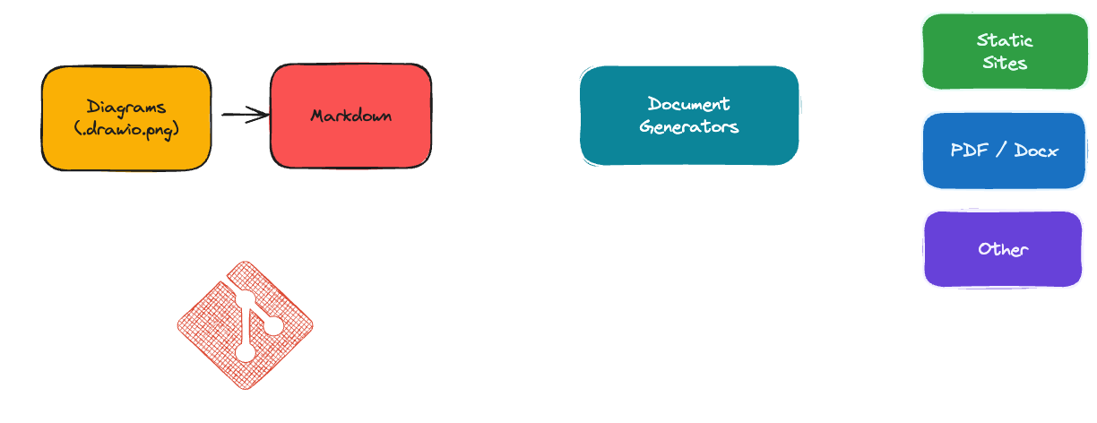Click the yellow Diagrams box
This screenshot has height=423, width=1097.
pyautogui.click(x=126, y=117)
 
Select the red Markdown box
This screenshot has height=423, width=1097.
pyautogui.click(x=350, y=116)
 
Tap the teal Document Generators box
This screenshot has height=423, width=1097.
pyautogui.click(x=688, y=116)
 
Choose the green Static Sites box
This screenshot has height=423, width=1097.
pyautogui.click(x=1004, y=51)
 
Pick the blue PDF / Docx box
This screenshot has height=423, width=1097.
pyautogui.click(x=1004, y=151)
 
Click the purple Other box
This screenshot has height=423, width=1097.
pyautogui.click(x=1003, y=249)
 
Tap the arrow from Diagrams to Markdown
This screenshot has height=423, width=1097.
pyautogui.click(x=242, y=115)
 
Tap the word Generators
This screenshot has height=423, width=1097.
pyautogui.click(x=688, y=126)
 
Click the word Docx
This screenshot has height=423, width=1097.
pyautogui.click(x=1036, y=151)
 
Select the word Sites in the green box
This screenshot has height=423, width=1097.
pyautogui.click(x=1004, y=63)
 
